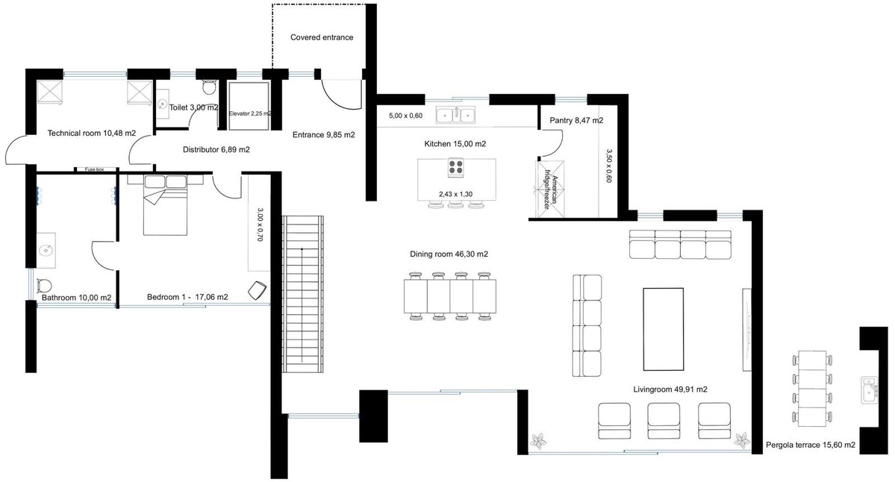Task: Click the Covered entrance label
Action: click(322, 37)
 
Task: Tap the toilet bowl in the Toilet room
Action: click(209, 87)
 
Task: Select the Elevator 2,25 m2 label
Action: click(250, 113)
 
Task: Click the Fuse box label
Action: click(95, 169)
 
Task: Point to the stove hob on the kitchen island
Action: click(455, 167)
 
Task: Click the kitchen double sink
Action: click(456, 115)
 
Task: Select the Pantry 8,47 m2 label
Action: click(576, 120)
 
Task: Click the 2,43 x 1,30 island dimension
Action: click(455, 195)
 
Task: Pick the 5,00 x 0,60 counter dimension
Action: click(406, 116)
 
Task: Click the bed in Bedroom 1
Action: click(165, 205)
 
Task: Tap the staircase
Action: click(303, 294)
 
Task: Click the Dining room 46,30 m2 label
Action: click(449, 254)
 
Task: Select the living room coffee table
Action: click(664, 329)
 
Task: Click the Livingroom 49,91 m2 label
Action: click(670, 389)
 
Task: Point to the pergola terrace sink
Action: click(870, 390)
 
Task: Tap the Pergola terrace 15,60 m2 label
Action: click(811, 445)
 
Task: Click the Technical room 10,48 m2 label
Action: click(92, 134)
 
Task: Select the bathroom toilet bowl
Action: click(44, 285)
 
